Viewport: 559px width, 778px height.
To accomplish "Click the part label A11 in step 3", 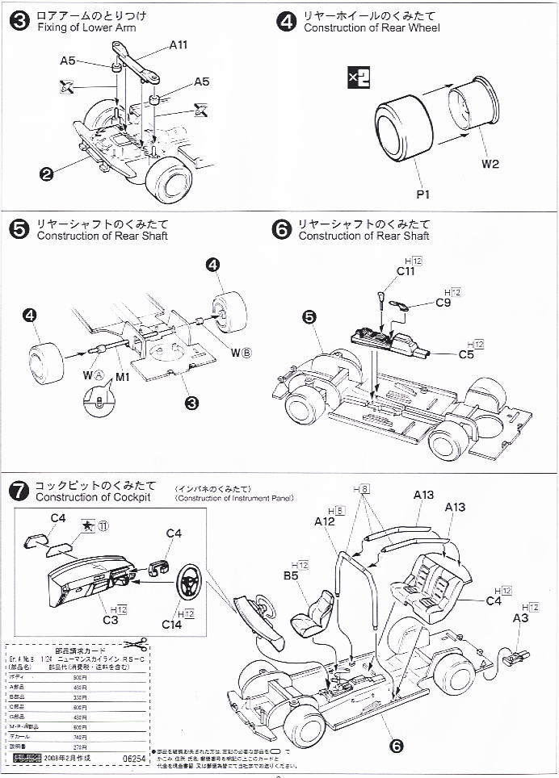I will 179,46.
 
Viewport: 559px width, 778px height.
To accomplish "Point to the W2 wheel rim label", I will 491,164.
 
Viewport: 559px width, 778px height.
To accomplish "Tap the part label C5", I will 467,354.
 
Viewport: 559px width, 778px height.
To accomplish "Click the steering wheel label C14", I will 171,624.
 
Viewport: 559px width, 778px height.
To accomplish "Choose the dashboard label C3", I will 111,619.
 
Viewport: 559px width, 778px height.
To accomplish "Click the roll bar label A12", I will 325,522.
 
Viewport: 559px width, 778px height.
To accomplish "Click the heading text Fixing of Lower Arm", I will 86,28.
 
